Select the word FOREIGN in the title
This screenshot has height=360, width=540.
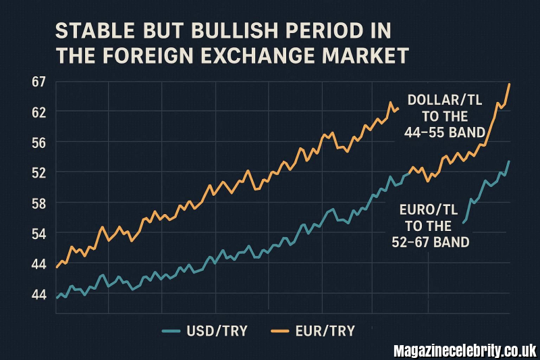pos(158,56)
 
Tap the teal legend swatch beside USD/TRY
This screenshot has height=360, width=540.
pos(173,330)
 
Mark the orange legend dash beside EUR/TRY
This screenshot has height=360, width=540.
pos(279,330)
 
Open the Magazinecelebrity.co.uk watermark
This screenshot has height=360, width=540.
pos(465,351)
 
